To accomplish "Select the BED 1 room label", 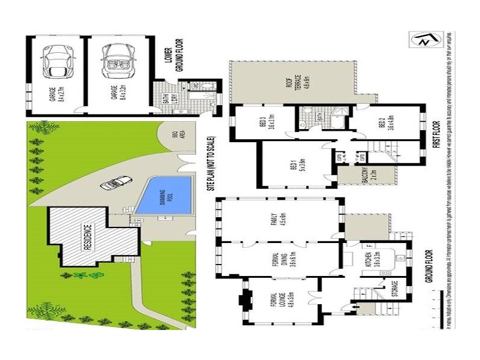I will (x=295, y=163).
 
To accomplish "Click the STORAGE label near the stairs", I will (x=394, y=289).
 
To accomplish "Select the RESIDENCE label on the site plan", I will (x=86, y=238).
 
